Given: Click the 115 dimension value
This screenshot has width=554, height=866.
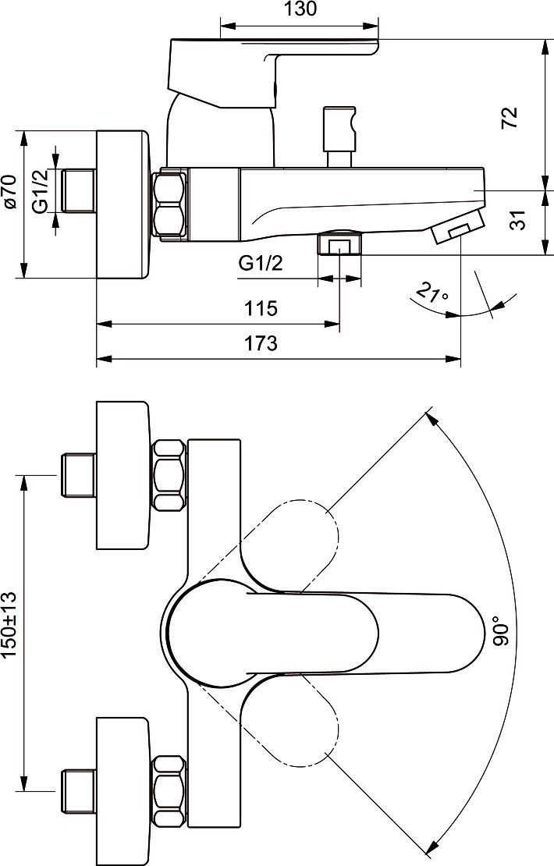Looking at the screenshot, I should (x=261, y=308).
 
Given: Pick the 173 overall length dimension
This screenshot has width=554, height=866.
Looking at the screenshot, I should (x=261, y=343).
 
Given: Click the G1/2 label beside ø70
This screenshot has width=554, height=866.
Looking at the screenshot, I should (x=41, y=191).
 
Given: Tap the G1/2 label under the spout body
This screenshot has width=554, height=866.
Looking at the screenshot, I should (x=261, y=264).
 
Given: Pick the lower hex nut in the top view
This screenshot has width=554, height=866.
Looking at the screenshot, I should (x=169, y=790).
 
